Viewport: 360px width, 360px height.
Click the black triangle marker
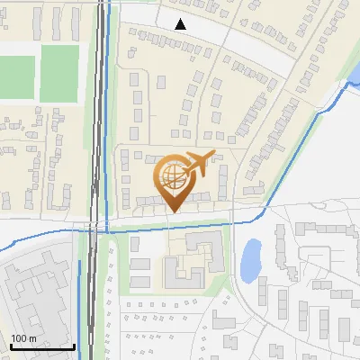coord(182,24)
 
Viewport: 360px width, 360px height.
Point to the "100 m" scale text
coord(24,338)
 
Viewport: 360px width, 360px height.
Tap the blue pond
coord(251,259)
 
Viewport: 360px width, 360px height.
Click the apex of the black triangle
coord(182,19)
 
